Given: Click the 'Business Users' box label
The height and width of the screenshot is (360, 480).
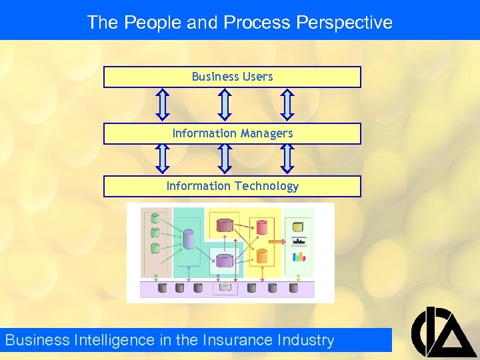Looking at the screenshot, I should (232, 77).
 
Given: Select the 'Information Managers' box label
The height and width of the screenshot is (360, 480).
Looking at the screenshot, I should (232, 133).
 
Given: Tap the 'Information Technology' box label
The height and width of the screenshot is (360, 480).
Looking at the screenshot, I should (232, 186).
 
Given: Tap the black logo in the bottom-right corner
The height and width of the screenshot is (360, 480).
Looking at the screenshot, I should (443, 331).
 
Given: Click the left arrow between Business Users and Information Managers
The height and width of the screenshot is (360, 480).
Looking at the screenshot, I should (163, 105).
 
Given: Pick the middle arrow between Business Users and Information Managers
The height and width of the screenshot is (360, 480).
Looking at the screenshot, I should (225, 105).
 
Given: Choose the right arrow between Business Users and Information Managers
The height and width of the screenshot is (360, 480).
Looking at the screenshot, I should (287, 105).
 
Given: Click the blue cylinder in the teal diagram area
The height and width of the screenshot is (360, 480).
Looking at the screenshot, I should (188, 239).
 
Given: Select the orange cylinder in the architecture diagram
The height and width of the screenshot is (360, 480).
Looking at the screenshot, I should (261, 255).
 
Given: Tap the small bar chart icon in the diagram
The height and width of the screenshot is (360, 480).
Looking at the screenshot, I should (298, 257).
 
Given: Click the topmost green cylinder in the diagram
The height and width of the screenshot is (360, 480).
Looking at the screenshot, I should (155, 218).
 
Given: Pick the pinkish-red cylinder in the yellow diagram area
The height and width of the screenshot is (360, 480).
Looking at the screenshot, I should (261, 227).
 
